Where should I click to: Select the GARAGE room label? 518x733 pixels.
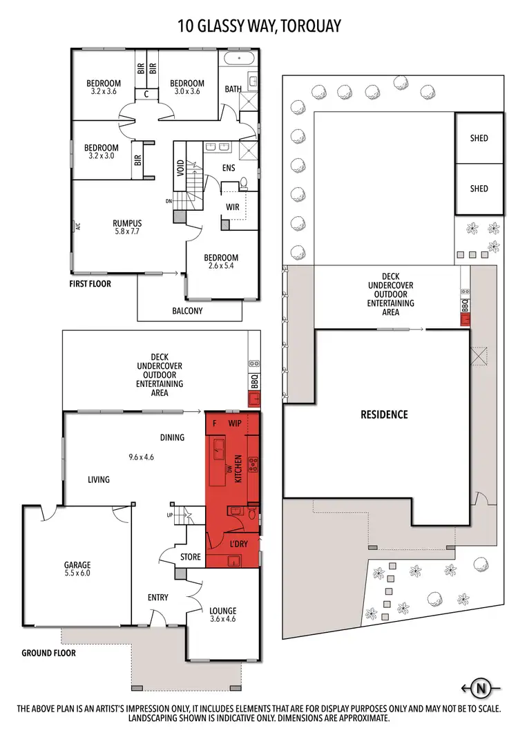[x=77, y=564]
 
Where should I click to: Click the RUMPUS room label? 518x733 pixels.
[x=127, y=223]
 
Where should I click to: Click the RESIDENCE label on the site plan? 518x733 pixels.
[x=384, y=415]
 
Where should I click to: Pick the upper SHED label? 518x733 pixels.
[x=479, y=138]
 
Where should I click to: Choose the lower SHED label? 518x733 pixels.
[x=479, y=189]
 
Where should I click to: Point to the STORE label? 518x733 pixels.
[x=190, y=557]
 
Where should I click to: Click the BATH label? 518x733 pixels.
[x=233, y=89]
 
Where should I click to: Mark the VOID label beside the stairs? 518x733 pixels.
[x=180, y=169]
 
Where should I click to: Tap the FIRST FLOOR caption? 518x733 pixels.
[x=89, y=283]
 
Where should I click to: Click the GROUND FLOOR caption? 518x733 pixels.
[x=48, y=653]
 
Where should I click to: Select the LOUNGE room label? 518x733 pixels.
[x=223, y=611]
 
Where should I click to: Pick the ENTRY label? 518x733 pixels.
[x=157, y=598]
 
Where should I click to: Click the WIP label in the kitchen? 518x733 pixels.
[x=234, y=422]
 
